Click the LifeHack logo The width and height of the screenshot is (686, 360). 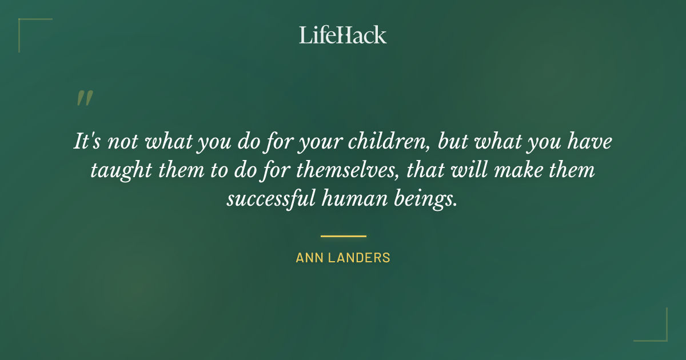tap(343, 35)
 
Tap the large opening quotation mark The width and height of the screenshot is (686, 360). tap(84, 98)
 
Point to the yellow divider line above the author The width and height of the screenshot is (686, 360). tap(343, 235)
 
